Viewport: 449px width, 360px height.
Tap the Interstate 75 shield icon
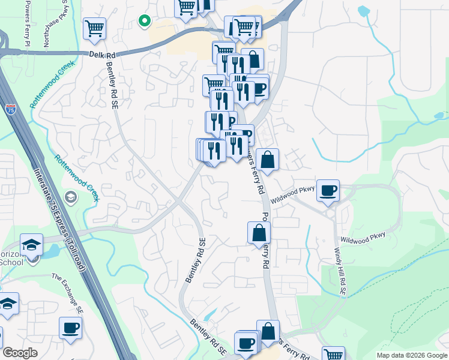pos(10,109)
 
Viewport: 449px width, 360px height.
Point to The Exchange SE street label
pos(67,293)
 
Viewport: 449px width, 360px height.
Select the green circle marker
pos(144,21)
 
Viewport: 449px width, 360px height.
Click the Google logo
pos(20,353)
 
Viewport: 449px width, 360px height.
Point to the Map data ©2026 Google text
pos(412,355)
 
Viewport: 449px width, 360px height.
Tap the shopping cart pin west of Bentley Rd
pos(94,28)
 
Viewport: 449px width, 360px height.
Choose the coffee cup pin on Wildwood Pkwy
pos(328,190)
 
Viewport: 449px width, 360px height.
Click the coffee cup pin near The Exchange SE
pos(70,328)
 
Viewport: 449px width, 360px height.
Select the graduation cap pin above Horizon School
pos(31,244)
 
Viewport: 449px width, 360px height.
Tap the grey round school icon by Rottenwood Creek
pos(71,197)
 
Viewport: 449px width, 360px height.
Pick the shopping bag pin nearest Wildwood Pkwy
pos(268,160)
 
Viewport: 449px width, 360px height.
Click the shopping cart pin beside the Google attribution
pos(333,354)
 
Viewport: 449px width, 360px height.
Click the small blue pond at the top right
pos(364,11)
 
